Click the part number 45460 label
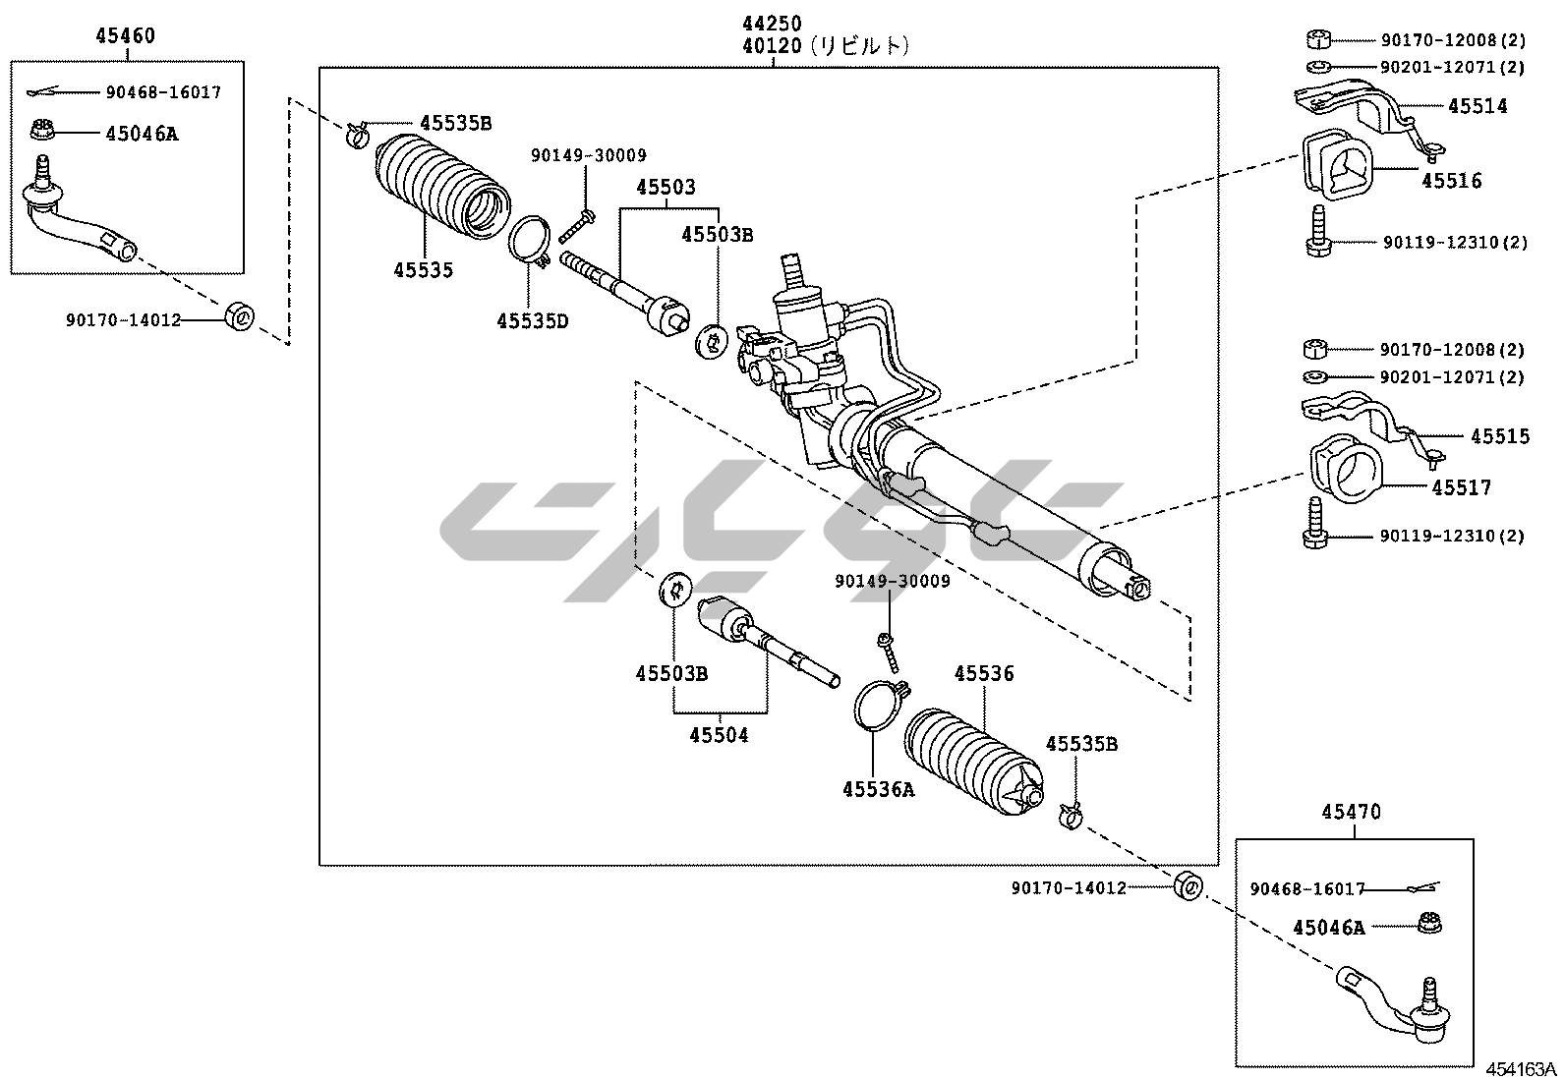coord(125,36)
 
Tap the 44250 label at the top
coord(772,24)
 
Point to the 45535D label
coord(532,320)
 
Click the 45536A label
coord(878,789)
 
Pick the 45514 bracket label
coord(1477,106)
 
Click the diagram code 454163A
coord(1520,1069)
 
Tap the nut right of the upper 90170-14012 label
coord(239,316)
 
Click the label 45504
coord(718,734)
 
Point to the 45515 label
coord(1500,436)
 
